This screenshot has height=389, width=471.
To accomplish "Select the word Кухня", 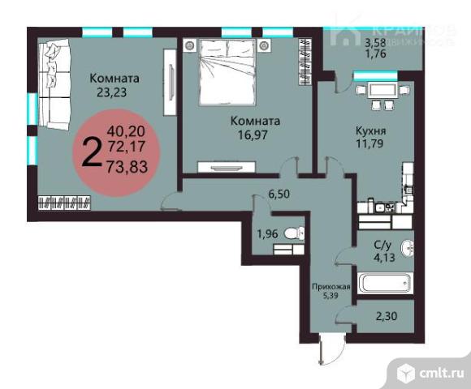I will pyautogui.click(x=370, y=130).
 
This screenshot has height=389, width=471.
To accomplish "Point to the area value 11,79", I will pyautogui.click(x=370, y=145).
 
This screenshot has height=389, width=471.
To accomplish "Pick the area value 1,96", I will pyautogui.click(x=268, y=235).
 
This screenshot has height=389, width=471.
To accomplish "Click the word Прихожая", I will pyautogui.click(x=332, y=287).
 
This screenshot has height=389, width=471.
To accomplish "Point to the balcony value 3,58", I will pyautogui.click(x=374, y=42).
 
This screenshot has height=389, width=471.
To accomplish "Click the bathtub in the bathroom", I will pyautogui.click(x=383, y=284).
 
